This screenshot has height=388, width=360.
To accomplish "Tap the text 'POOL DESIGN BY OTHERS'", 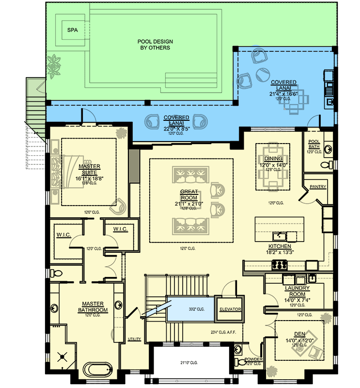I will (x=155, y=45).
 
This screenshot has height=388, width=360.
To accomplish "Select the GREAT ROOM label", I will (x=189, y=194).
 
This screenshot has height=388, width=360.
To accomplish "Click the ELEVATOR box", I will (x=229, y=309).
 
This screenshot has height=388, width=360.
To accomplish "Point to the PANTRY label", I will (x=318, y=187).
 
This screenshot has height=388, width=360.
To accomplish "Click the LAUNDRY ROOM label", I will (x=297, y=291).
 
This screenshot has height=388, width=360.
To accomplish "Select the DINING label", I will (x=273, y=159).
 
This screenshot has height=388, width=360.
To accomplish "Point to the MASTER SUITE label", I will (x=89, y=169).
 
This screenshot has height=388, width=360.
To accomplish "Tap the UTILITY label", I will (x=134, y=339).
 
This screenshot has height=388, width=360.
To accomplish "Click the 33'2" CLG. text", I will (x=197, y=308).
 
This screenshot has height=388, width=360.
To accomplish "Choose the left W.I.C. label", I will (x=64, y=235).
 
